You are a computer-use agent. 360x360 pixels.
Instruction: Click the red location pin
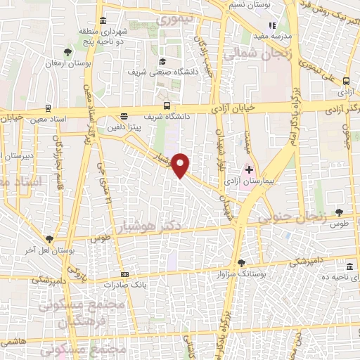click(x=181, y=165)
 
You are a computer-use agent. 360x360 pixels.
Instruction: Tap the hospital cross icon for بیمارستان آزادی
click(x=249, y=169)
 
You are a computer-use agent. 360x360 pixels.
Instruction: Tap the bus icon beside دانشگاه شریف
click(x=124, y=117)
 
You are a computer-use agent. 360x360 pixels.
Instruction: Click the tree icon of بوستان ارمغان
click(x=67, y=52)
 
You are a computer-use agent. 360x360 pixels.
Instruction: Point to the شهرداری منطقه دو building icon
click(x=103, y=19)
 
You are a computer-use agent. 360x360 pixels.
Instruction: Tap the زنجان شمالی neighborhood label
click(x=250, y=54)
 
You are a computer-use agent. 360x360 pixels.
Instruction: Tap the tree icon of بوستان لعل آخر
click(x=49, y=239)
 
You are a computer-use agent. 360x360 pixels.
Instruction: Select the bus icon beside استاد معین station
click(x=48, y=108)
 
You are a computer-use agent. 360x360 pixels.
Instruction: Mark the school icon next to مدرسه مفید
click(x=272, y=25)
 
